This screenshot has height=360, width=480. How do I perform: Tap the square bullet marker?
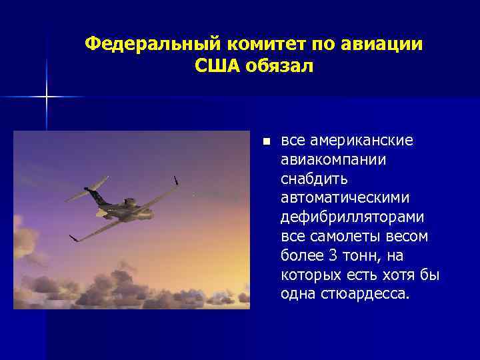coord(266,142)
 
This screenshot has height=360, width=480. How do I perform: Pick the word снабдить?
coord(314,179)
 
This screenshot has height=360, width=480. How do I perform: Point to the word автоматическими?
coord(345,199)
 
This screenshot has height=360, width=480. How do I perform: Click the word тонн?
coord(361,257)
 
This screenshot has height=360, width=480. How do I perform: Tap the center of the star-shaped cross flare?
coord(47,97)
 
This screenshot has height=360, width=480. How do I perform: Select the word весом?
coord(405,237)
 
